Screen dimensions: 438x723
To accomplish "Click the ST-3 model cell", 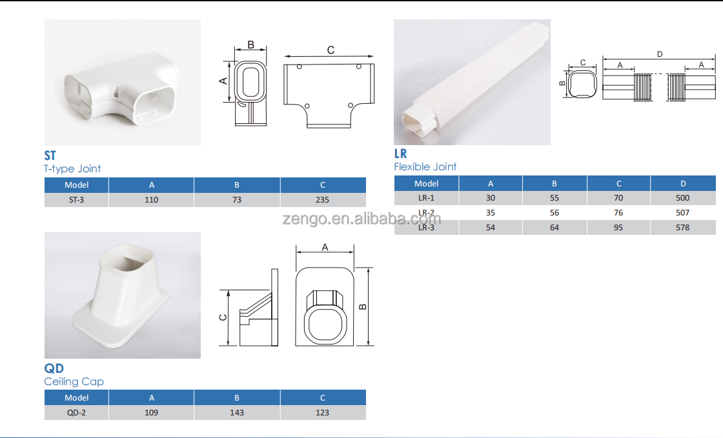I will point(76,200).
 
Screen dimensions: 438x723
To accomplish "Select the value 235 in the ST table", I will point(323,200).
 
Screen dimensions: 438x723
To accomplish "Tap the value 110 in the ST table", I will point(151,200).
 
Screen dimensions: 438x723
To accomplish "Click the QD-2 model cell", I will point(76,413).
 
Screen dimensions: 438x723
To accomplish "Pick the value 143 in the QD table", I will point(237,413).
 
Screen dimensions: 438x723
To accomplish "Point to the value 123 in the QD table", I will point(323,413).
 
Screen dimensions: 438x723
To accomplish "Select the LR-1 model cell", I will point(426,198).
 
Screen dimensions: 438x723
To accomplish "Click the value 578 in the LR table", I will point(683,228).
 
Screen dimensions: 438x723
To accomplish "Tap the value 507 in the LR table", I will point(683,213).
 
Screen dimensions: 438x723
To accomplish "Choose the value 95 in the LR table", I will point(618,228).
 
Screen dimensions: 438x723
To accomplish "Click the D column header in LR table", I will point(683,184).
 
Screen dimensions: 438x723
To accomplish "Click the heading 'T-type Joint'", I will point(72,168).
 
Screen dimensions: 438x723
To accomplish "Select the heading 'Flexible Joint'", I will point(425,166).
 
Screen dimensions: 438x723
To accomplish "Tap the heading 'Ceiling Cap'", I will point(74,381).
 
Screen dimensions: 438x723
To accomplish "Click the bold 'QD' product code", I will point(54,368).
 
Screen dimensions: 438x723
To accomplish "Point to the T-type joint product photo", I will point(122,83).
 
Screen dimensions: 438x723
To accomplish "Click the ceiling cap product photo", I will point(122,295).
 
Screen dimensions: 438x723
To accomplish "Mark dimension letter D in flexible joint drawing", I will point(659,54).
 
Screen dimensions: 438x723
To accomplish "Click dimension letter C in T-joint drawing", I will point(331,50).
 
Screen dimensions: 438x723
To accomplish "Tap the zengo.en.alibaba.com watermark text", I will point(361,218).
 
